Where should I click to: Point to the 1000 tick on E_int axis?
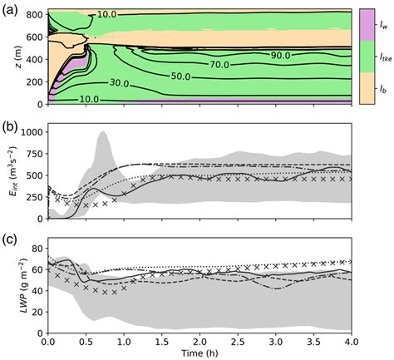coord(31,132)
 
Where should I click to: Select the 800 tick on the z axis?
coord(34,15)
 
